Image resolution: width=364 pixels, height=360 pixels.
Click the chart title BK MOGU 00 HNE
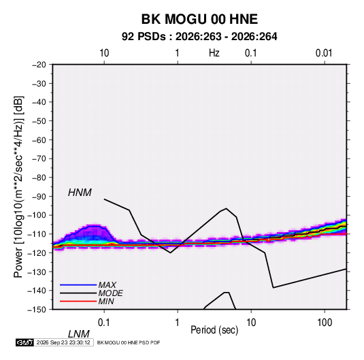[199, 19]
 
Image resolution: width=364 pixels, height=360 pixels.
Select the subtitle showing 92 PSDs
[199, 37]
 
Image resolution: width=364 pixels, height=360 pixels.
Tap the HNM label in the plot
[80, 193]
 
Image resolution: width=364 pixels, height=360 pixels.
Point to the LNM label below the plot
[78, 334]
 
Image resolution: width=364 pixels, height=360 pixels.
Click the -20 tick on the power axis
[39, 65]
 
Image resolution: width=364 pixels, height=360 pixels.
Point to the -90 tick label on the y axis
[39, 196]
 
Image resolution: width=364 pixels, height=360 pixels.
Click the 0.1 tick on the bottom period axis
[104, 323]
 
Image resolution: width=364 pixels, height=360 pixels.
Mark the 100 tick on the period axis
[325, 323]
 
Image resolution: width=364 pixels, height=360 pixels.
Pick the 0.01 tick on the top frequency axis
[324, 53]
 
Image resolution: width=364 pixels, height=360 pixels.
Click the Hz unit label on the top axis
[214, 53]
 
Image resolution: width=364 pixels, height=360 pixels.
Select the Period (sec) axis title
[214, 330]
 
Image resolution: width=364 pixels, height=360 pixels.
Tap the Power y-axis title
[18, 187]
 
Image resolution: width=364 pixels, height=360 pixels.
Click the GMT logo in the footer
[24, 342]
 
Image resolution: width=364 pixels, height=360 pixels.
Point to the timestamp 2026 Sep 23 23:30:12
[63, 342]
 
